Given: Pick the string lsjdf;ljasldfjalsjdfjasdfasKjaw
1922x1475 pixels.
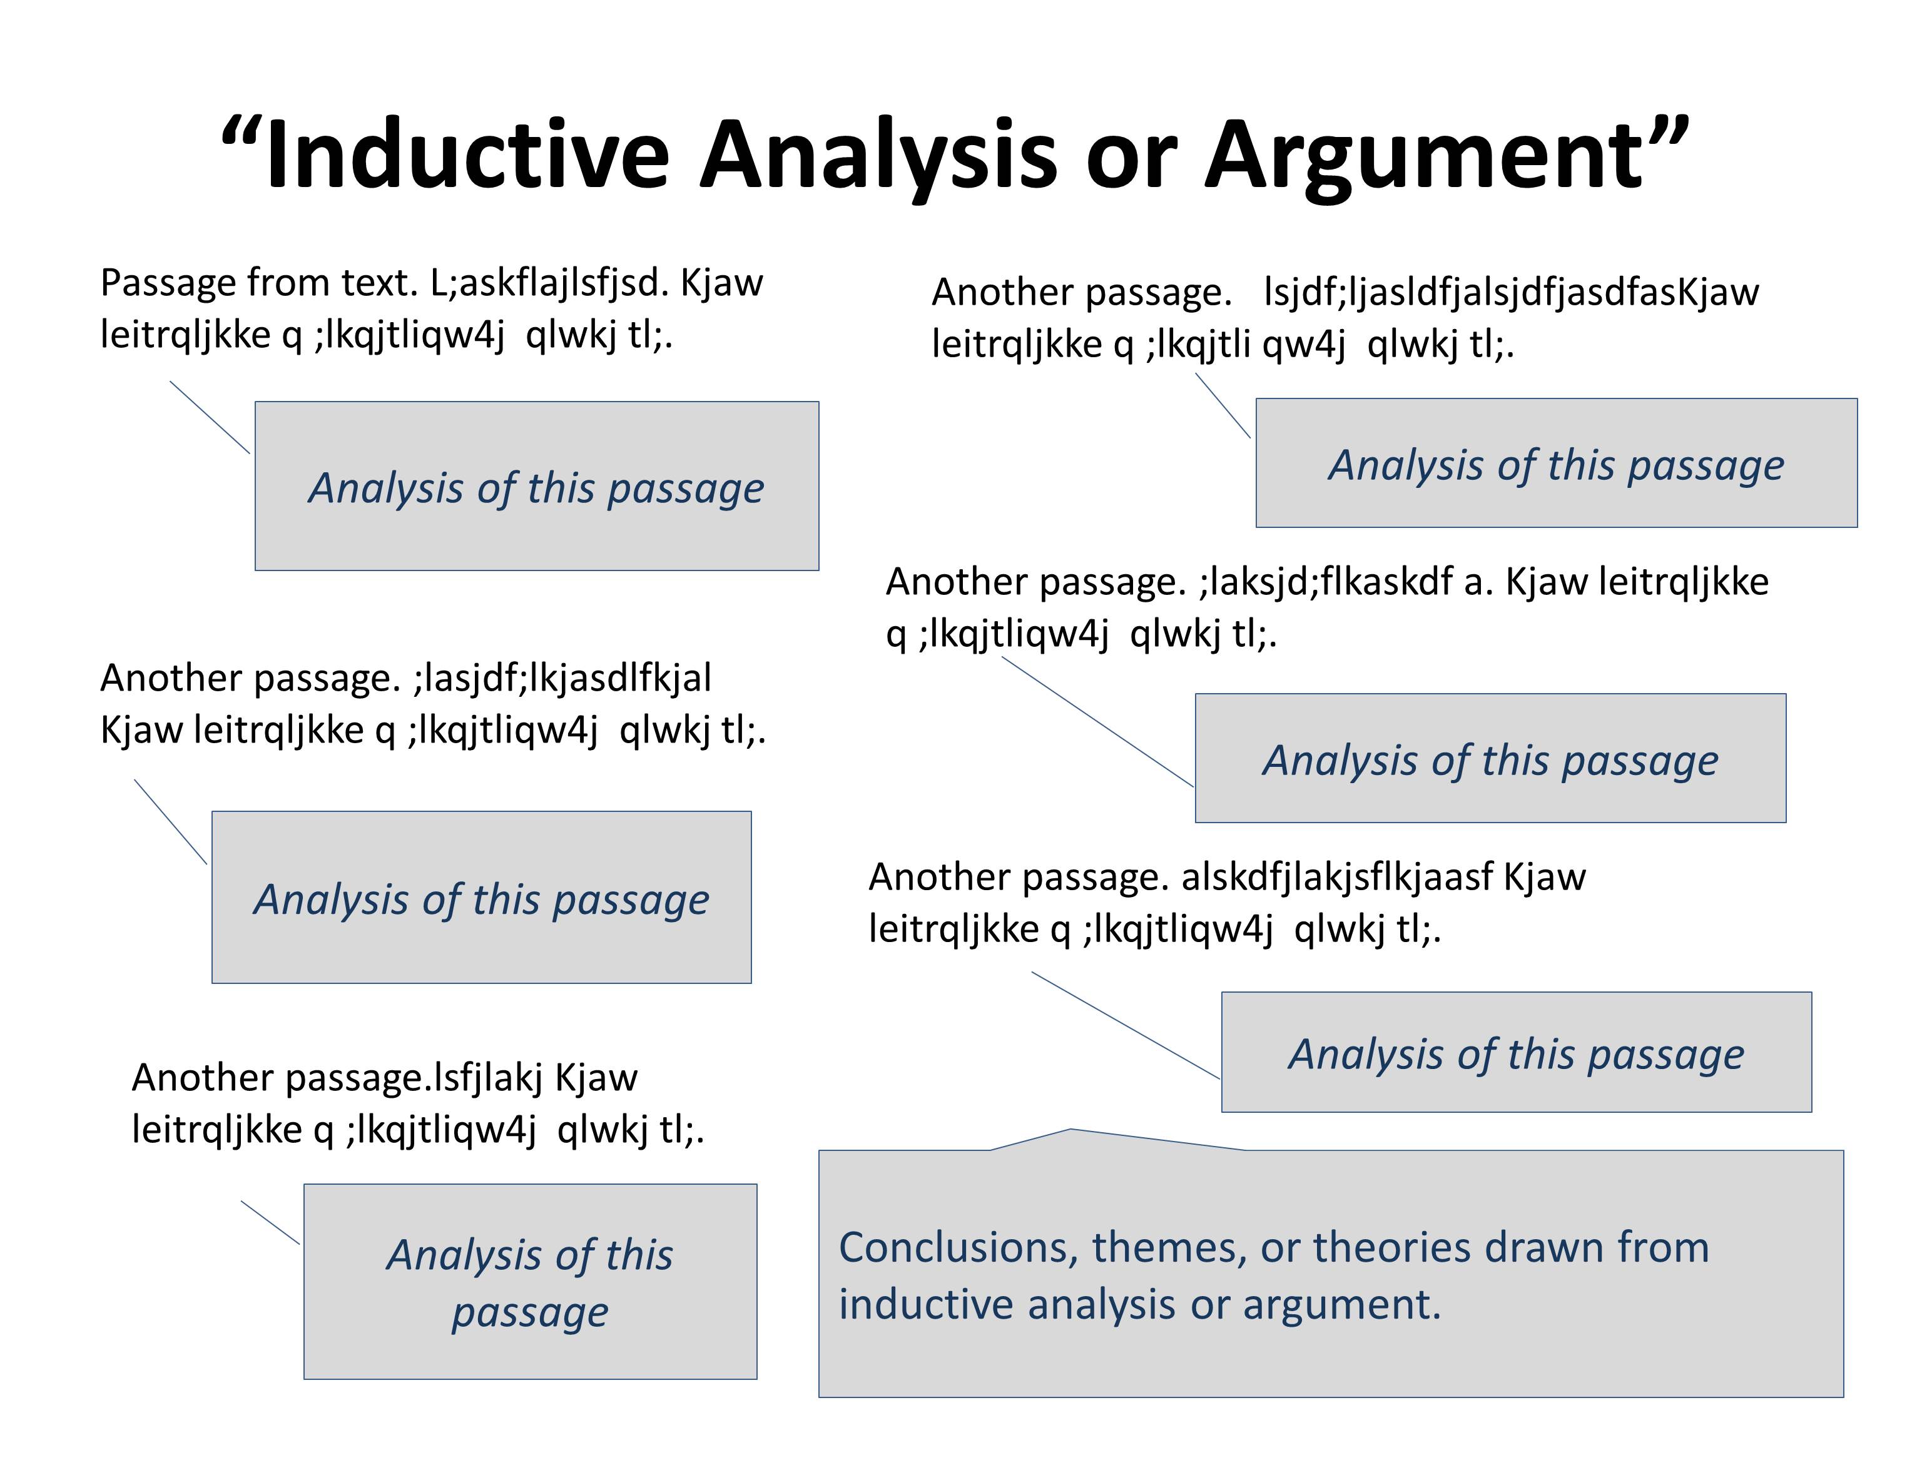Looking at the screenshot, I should tap(1510, 292).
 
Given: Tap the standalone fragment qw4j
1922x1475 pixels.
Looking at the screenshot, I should tap(1303, 344).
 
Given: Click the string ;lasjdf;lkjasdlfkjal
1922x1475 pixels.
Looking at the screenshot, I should tap(562, 679).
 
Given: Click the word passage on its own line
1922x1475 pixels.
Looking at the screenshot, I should tap(529, 1312).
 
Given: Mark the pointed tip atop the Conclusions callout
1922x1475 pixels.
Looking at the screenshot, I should tap(1070, 1130).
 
